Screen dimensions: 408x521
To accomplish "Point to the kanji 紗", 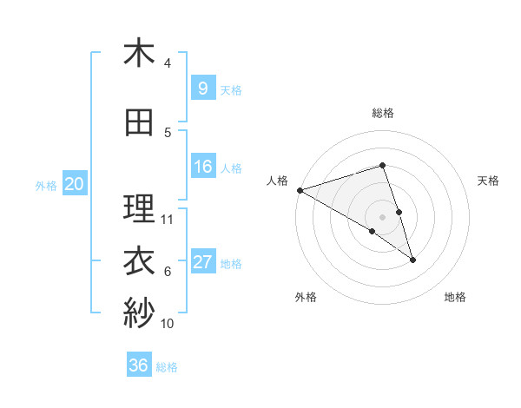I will tap(139, 313).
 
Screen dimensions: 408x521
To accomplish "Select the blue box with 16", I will tap(202, 168).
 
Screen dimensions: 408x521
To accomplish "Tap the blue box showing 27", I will tap(202, 262).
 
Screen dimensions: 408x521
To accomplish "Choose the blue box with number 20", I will tap(74, 184).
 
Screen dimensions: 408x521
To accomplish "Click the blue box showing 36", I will tap(139, 365).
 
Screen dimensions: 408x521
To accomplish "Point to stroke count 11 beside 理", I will tap(168, 219).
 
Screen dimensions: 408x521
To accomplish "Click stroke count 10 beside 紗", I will tap(168, 324).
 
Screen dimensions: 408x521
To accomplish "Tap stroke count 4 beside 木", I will tap(168, 63).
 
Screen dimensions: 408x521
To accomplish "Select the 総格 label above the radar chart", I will tap(382, 113).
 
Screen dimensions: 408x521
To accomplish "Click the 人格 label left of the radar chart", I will tap(278, 181).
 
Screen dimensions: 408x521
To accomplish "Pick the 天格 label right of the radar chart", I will tap(489, 181).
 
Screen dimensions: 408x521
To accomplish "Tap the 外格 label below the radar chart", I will tap(306, 297).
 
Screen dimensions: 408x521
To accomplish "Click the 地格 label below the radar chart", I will tap(455, 297).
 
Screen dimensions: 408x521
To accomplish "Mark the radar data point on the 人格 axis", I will tap(300, 189).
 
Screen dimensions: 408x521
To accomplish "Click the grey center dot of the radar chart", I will tap(382, 216).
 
